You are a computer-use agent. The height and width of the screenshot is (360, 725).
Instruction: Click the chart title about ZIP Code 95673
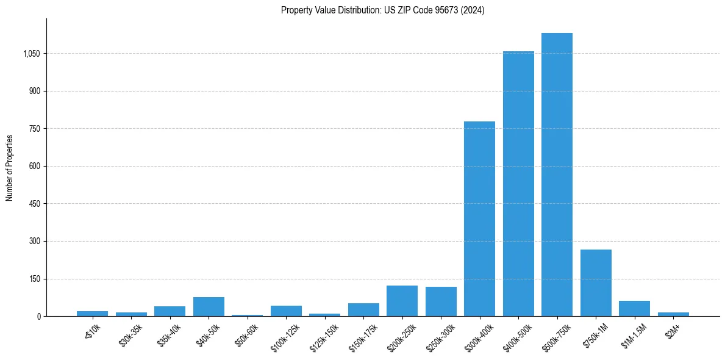[382, 10]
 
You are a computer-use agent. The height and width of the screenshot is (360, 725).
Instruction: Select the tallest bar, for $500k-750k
[557, 175]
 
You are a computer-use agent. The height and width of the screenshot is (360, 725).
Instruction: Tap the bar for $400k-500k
[518, 184]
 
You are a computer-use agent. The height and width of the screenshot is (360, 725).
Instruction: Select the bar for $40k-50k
[209, 306]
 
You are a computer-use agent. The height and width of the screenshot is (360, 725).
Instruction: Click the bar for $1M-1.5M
[634, 308]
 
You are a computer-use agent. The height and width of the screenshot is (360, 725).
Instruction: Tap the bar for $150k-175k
[363, 309]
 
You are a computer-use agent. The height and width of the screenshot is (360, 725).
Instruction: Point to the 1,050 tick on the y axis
[31, 54]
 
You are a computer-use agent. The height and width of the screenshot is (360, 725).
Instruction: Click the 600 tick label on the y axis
[34, 166]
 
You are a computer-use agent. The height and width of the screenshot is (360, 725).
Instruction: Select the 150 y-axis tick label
[34, 279]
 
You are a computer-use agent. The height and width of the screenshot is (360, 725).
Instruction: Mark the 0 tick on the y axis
[38, 316]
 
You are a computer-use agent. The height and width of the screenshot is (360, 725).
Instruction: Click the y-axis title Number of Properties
[10, 167]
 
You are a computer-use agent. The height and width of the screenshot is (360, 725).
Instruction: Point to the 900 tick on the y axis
[34, 91]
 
